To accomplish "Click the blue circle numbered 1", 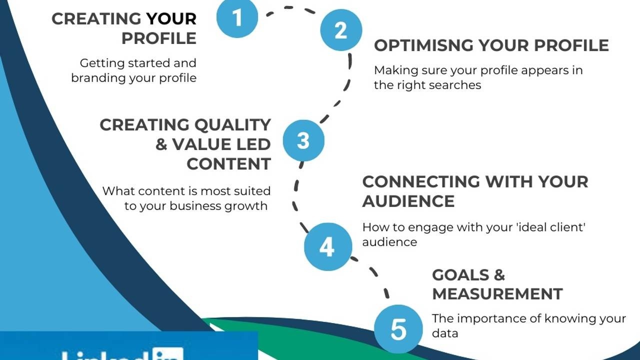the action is coord(237,18).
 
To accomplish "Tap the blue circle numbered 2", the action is coord(341,30).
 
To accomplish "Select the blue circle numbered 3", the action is coord(303,140).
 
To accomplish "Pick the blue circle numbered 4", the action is coord(326,246).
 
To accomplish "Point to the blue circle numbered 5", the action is coord(398,329).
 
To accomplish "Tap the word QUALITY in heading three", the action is coord(232,124).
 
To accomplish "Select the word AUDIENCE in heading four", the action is coord(408,201).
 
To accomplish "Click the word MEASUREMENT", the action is coord(497,293).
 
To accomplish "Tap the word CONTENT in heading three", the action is coord(228,164).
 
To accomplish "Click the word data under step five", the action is coord(445,333).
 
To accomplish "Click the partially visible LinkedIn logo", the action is coord(122,354).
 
